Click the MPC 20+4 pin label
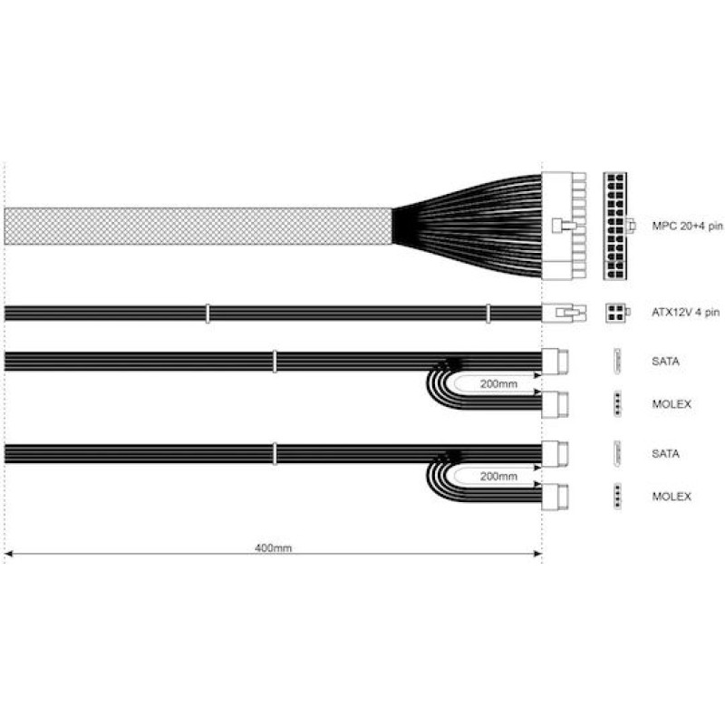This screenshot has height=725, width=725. coord(687,226)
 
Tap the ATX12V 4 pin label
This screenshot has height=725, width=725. coord(686,313)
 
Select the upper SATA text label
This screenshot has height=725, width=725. coord(665,361)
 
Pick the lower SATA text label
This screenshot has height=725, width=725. coord(665,454)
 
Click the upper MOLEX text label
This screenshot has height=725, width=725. coord(672,404)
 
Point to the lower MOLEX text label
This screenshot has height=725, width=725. coord(672,497)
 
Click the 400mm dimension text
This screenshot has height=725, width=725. coord(274,548)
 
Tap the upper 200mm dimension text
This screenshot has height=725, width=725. coord(498,383)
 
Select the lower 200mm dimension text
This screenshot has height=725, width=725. coord(498,477)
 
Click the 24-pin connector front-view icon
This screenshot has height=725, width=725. coord(615,226)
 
